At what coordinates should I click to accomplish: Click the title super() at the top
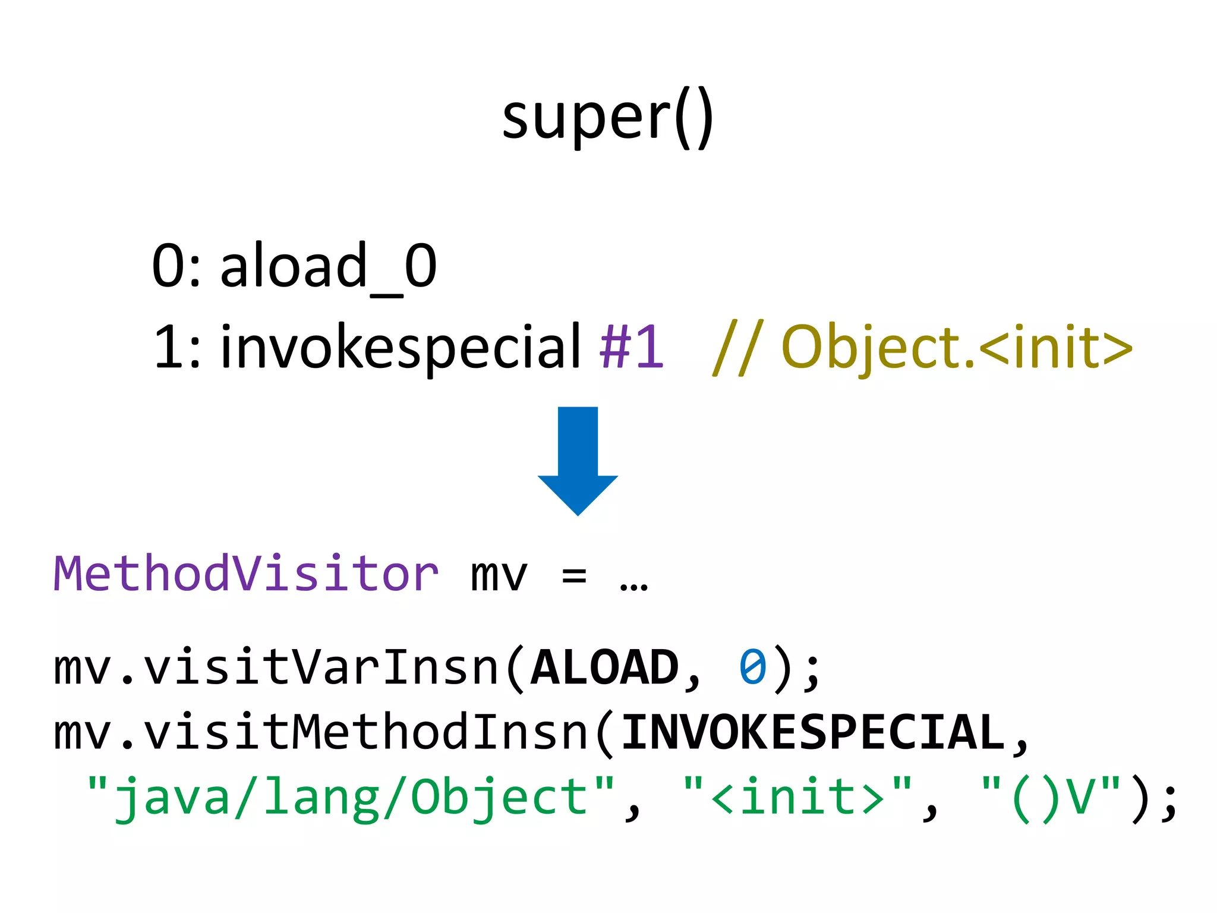[x=607, y=117]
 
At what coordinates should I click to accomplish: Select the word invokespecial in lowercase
[x=400, y=347]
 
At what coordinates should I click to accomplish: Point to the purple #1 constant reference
[x=631, y=347]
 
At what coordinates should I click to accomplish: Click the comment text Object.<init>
[x=956, y=347]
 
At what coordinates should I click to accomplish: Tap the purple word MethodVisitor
[x=246, y=574]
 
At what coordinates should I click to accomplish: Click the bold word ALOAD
[x=604, y=668]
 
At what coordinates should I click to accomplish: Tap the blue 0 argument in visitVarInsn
[x=752, y=668]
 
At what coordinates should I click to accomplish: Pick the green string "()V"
[x=1050, y=796]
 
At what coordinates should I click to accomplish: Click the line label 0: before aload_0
[x=176, y=266]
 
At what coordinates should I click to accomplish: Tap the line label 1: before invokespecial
[x=177, y=347]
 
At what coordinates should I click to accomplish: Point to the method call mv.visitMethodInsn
[x=321, y=732]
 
